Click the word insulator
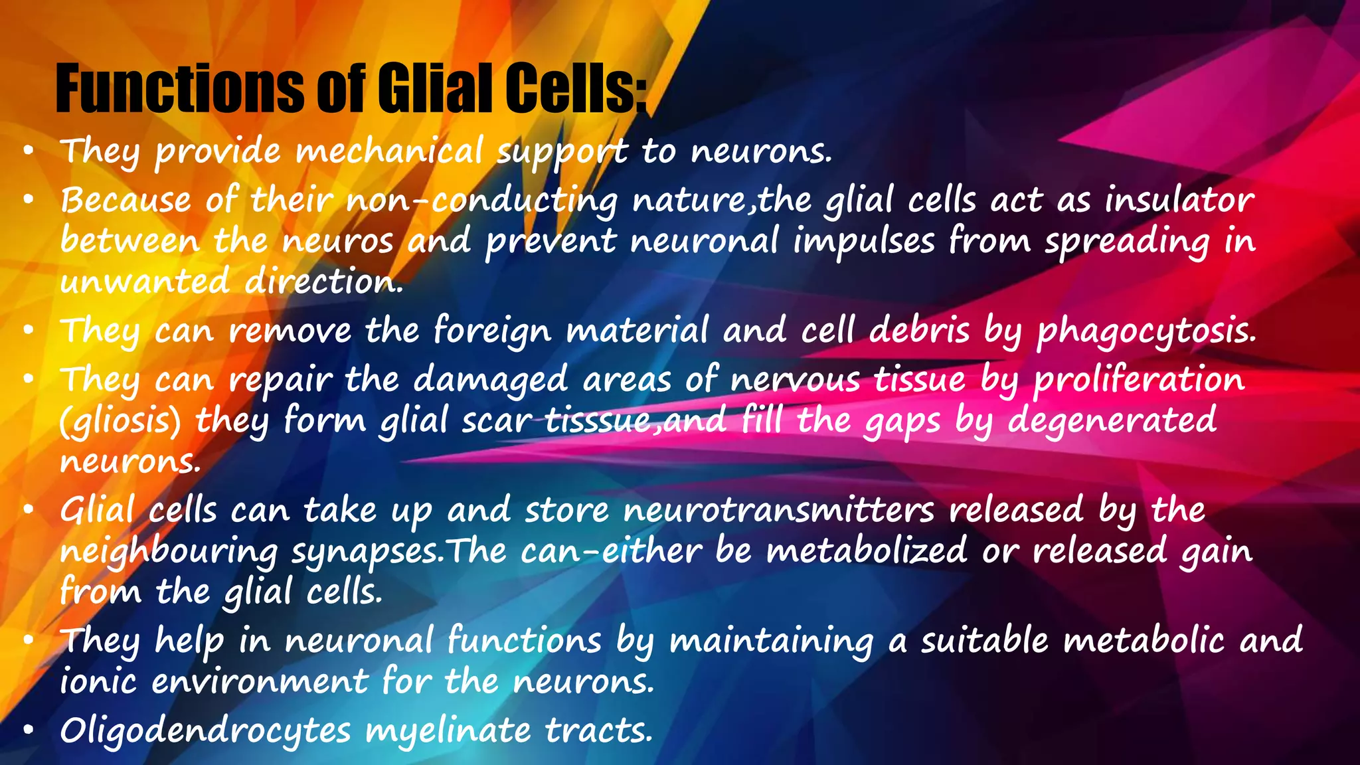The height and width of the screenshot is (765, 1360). pyautogui.click(x=1180, y=200)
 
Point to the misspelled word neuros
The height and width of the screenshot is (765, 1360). pyautogui.click(x=338, y=241)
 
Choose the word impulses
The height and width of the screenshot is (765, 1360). pyautogui.click(x=864, y=241)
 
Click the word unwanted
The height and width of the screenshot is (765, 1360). pyautogui.click(x=144, y=282)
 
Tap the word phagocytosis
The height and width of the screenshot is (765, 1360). pyautogui.click(x=1147, y=331)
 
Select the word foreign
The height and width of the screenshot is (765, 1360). pyautogui.click(x=492, y=331)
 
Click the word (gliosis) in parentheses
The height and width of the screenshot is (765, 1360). pyautogui.click(x=120, y=421)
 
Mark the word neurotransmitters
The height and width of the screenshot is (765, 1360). pyautogui.click(x=779, y=511)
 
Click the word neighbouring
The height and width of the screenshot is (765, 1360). pyautogui.click(x=169, y=552)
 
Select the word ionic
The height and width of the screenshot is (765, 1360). pyautogui.click(x=98, y=681)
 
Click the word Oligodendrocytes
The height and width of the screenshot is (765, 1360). pyautogui.click(x=205, y=731)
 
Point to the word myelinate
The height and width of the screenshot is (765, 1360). pyautogui.click(x=448, y=731)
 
